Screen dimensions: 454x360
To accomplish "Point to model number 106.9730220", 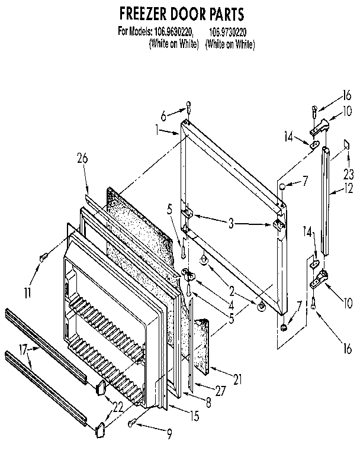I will click(x=230, y=30).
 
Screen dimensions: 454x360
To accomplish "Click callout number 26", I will click(x=82, y=158).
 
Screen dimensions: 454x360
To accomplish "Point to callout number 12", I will click(x=349, y=191).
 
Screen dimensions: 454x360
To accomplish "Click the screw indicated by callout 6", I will click(x=188, y=108).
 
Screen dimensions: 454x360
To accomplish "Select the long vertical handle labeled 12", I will click(x=327, y=201).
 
